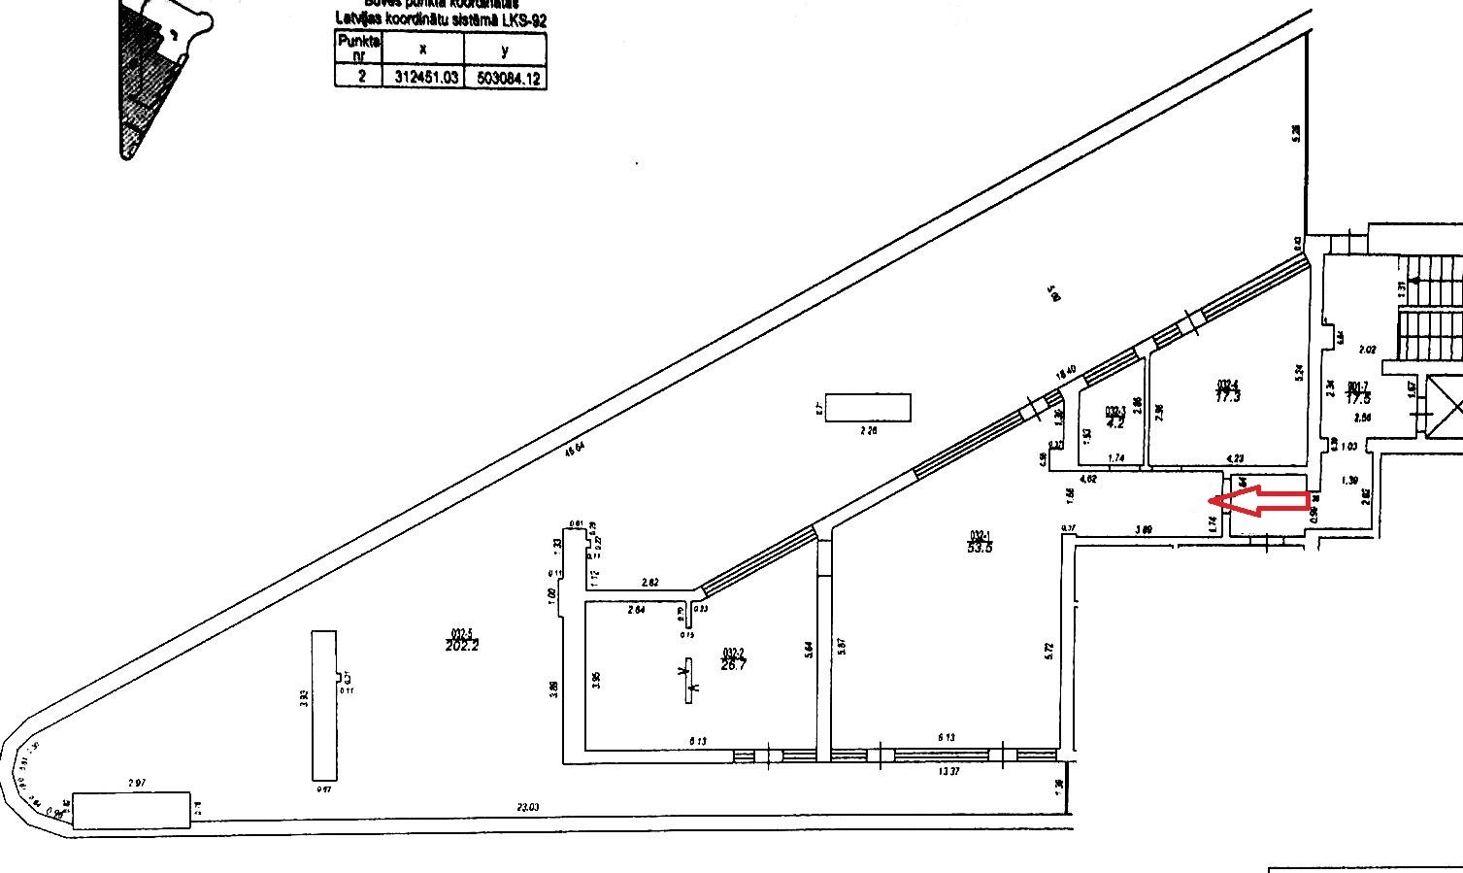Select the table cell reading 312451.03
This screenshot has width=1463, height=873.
(423, 78)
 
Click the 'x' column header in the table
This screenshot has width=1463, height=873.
(423, 48)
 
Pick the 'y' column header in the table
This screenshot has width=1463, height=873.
(505, 48)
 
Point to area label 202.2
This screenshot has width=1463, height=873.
(462, 644)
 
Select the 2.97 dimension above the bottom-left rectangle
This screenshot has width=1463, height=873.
(136, 782)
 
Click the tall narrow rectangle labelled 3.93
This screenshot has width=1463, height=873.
(324, 705)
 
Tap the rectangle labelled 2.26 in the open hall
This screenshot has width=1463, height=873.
(869, 407)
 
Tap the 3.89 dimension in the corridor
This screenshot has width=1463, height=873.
(1145, 530)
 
